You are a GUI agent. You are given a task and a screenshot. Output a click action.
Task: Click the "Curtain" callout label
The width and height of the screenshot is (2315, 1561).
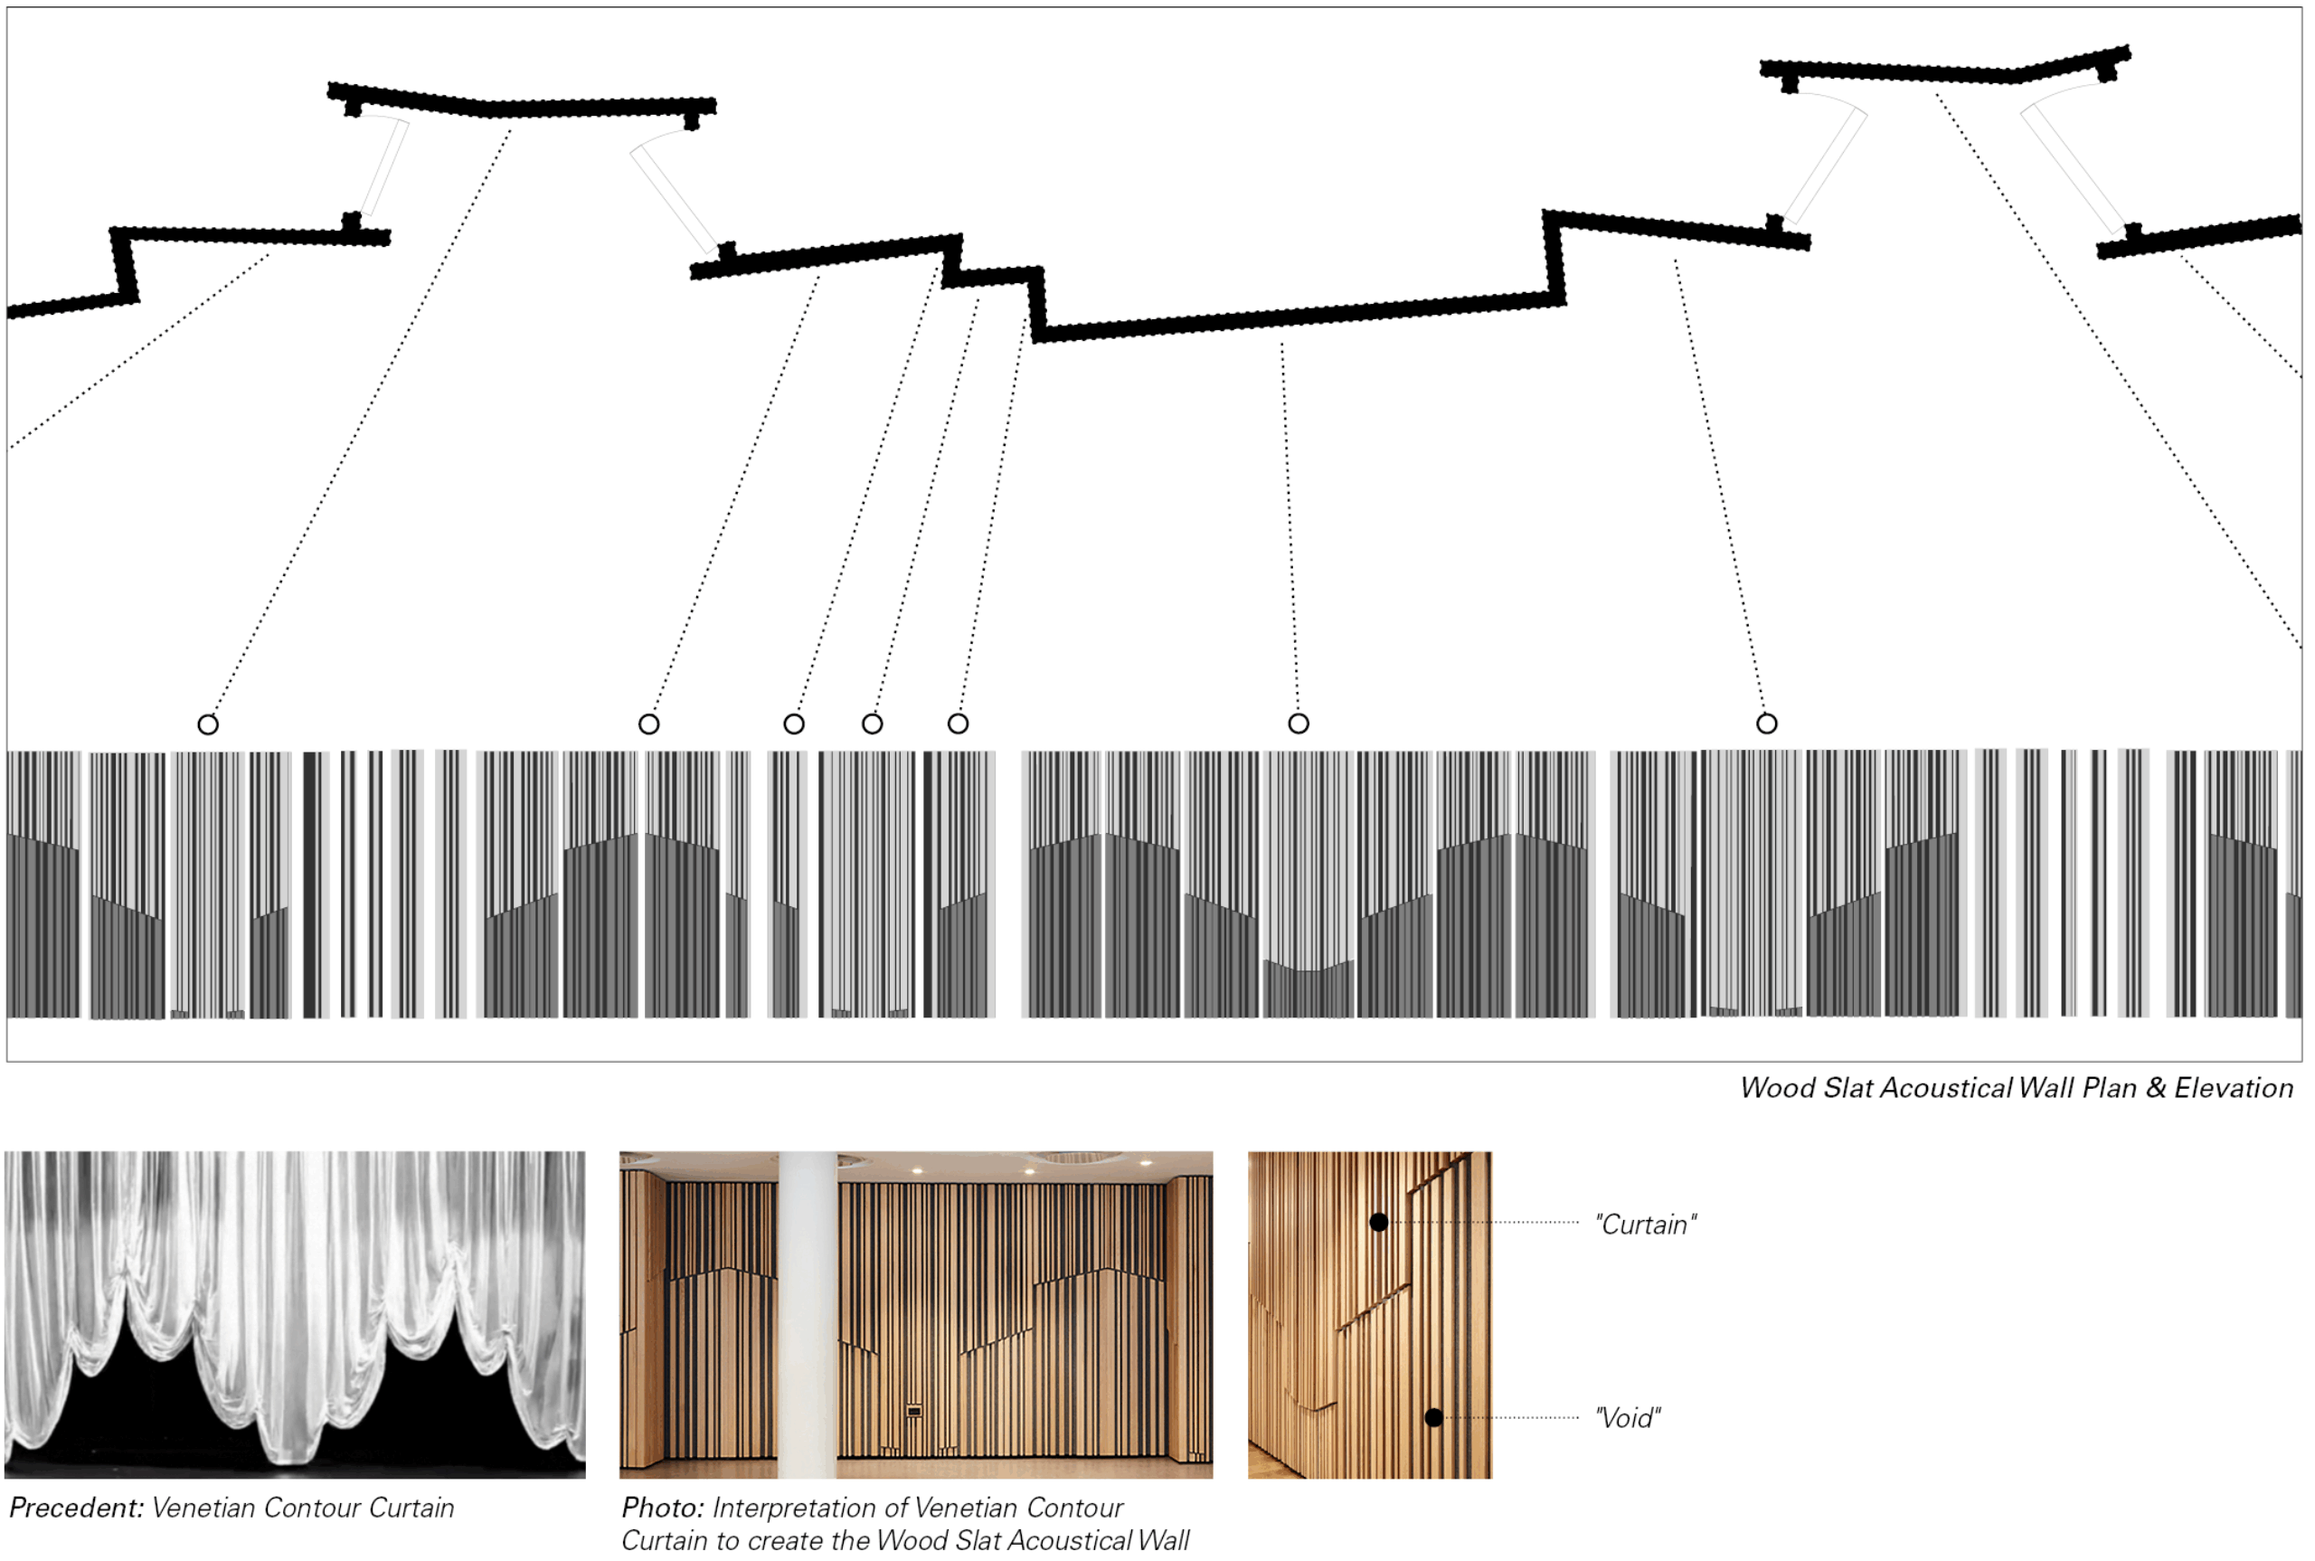click(x=1645, y=1225)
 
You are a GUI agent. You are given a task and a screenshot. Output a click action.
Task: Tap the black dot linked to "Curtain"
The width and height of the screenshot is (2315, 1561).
click(x=1378, y=1222)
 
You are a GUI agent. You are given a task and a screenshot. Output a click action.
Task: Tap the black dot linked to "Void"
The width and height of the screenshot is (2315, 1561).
click(x=1433, y=1416)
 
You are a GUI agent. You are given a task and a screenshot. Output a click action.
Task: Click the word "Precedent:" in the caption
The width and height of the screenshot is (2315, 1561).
click(x=77, y=1509)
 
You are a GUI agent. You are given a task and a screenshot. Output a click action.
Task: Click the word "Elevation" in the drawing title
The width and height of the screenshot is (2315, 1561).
click(x=2234, y=1088)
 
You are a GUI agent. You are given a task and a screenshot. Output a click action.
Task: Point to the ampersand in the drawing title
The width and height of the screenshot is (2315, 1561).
click(x=2156, y=1088)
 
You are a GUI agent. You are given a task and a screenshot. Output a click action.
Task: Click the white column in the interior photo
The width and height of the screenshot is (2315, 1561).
click(x=808, y=1314)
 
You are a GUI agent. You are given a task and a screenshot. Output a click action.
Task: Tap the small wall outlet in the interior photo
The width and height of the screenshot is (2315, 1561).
click(x=913, y=1410)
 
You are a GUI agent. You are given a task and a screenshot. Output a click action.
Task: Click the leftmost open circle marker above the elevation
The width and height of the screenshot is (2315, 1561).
click(x=208, y=724)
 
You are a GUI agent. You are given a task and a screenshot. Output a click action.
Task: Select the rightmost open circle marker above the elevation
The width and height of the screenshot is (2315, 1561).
click(x=1767, y=724)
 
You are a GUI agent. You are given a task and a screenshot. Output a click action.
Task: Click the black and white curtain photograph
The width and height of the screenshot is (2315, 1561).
click(x=295, y=1314)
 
